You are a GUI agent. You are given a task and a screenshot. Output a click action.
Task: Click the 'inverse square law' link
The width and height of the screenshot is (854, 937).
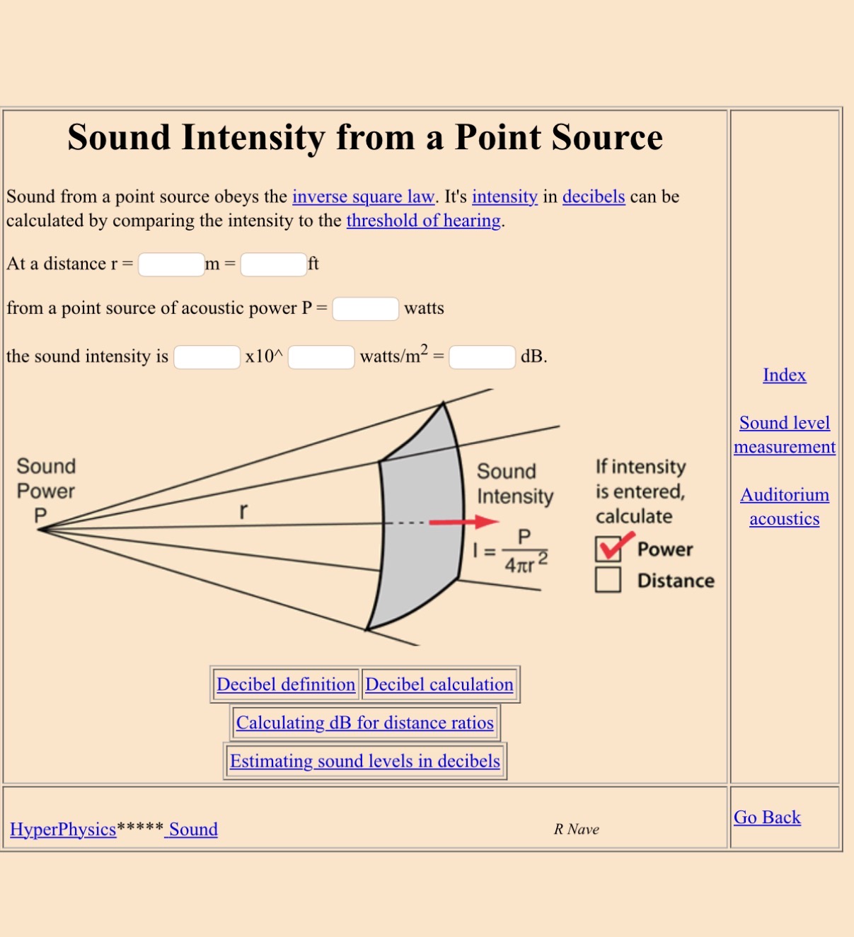click(x=363, y=197)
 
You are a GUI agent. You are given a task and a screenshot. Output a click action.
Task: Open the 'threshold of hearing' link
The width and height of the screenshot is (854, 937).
click(x=424, y=221)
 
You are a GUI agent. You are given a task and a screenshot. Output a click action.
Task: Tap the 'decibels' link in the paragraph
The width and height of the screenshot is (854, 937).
click(x=594, y=197)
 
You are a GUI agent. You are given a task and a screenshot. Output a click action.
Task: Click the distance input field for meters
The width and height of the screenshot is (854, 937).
click(x=171, y=264)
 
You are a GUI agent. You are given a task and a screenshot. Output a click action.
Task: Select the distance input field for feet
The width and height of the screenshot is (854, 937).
click(x=274, y=264)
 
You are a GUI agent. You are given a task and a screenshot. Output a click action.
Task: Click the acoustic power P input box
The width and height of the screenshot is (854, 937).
click(x=366, y=309)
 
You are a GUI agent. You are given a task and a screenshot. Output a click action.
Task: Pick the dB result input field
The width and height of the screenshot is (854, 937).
click(x=483, y=357)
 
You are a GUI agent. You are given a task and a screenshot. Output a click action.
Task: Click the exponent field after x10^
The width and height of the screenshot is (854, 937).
click(x=322, y=357)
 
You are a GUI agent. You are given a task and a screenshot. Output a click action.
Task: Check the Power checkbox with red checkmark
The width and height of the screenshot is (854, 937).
click(x=608, y=549)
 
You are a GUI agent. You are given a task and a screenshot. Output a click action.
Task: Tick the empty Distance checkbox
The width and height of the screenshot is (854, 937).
click(x=608, y=580)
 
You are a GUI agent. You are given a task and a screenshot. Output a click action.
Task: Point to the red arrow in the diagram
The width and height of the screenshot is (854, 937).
click(x=463, y=521)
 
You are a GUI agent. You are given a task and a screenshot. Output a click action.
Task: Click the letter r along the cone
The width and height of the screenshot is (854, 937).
click(x=243, y=511)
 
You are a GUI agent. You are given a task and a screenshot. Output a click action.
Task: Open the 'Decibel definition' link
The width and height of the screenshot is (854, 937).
click(x=286, y=685)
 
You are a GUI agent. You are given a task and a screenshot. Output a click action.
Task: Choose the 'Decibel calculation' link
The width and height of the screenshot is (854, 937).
click(x=439, y=685)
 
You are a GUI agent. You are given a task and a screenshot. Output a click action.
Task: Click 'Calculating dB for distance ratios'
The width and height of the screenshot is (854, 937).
click(x=365, y=723)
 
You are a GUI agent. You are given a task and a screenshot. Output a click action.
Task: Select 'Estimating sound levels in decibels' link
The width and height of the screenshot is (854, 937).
click(x=365, y=761)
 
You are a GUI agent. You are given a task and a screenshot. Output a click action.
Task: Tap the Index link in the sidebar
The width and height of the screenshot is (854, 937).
click(x=785, y=375)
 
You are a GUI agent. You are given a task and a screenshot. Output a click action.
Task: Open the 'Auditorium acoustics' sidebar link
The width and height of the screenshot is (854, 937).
click(x=785, y=506)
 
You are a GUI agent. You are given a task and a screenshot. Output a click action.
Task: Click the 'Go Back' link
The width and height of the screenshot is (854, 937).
click(x=767, y=817)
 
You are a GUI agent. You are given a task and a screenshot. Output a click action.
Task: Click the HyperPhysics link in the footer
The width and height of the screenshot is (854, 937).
click(x=63, y=829)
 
